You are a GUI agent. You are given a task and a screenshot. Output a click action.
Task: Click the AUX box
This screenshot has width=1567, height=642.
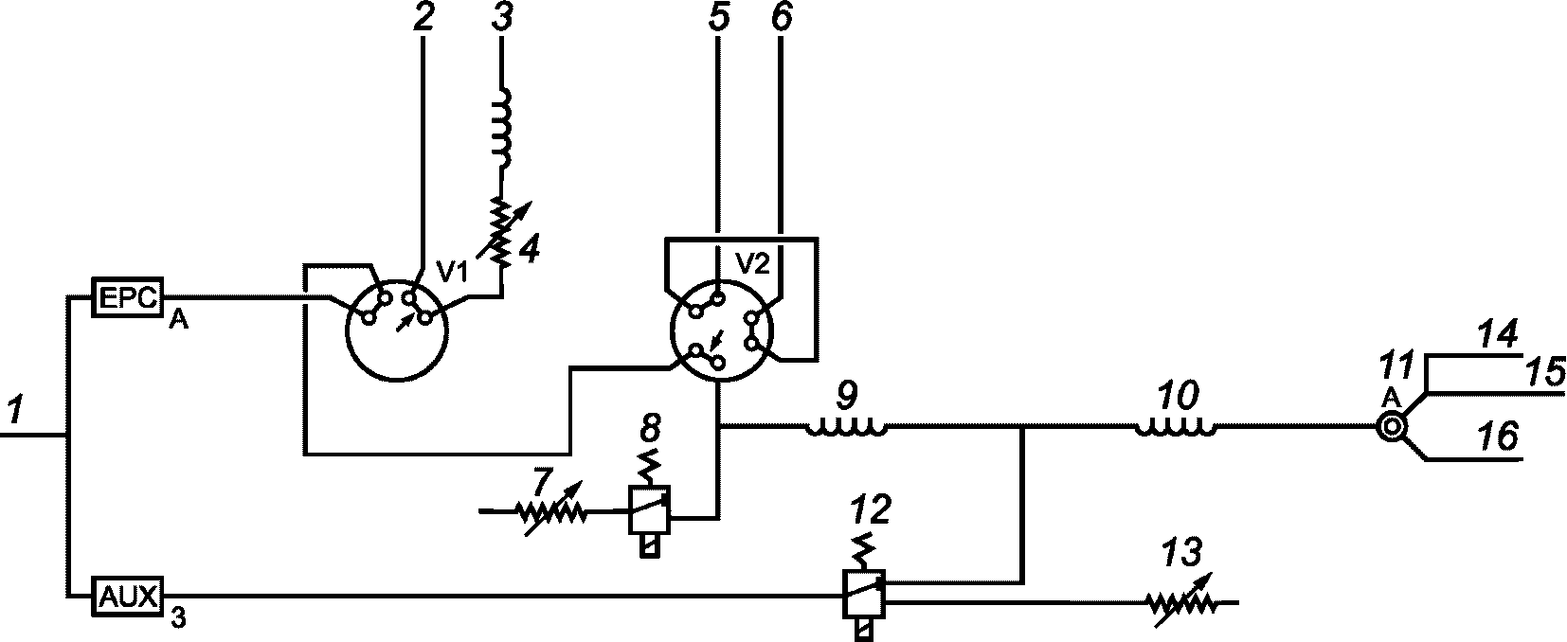(128, 596)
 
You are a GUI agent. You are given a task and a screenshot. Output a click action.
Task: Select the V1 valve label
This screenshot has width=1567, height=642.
(453, 272)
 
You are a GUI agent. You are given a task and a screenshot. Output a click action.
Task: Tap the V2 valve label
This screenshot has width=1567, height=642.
(752, 264)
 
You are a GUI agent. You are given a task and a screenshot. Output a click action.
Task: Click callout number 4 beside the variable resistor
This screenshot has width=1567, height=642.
(530, 250)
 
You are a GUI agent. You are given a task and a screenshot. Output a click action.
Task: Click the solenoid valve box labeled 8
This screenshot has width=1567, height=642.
(650, 511)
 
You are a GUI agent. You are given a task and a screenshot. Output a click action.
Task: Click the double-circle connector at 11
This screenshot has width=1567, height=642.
(1390, 428)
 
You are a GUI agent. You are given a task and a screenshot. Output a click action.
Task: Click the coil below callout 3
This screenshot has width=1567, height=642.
(504, 127)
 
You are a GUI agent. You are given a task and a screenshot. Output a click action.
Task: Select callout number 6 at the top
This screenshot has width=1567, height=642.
(782, 19)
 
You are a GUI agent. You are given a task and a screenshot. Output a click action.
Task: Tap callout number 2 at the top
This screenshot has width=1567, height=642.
(423, 19)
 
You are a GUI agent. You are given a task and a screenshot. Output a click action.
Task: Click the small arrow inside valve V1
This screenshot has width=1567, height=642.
(405, 322)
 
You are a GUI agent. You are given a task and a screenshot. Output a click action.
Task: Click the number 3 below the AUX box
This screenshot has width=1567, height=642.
(178, 621)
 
